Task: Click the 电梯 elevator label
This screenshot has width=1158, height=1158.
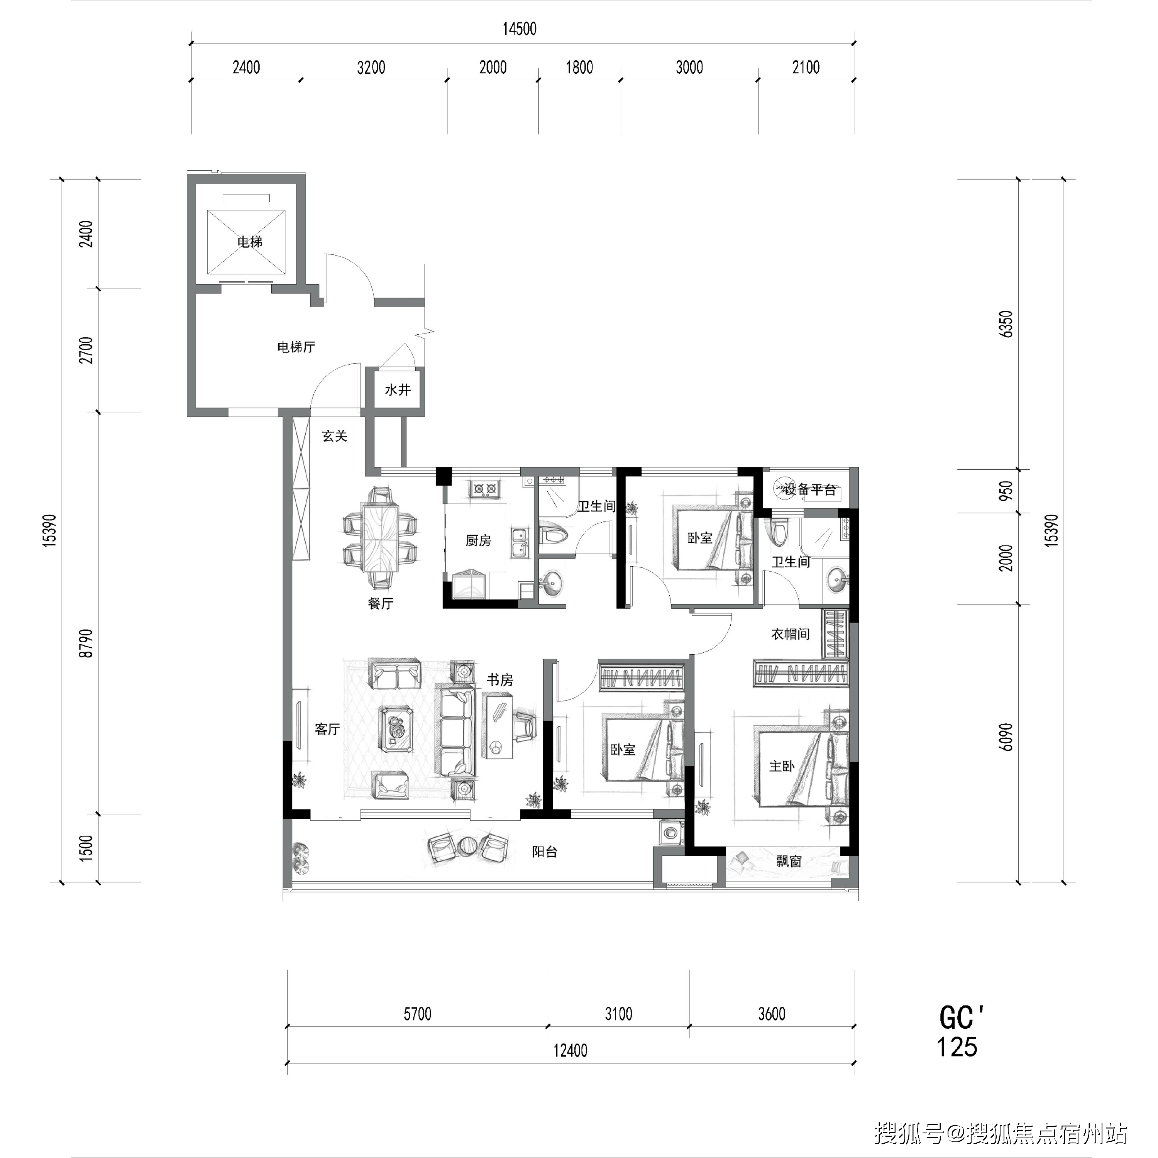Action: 250,242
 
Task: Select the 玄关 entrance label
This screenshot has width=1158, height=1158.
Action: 334,436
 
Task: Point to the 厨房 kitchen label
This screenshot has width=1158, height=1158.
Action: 478,541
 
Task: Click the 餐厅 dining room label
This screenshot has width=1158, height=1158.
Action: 381,604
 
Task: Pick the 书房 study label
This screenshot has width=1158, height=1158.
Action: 500,680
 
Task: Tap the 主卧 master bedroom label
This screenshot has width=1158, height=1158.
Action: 782,766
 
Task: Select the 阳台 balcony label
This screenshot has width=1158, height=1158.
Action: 545,852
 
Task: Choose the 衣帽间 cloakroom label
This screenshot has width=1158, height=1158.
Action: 791,633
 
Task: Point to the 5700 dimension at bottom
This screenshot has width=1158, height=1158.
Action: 417,1014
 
